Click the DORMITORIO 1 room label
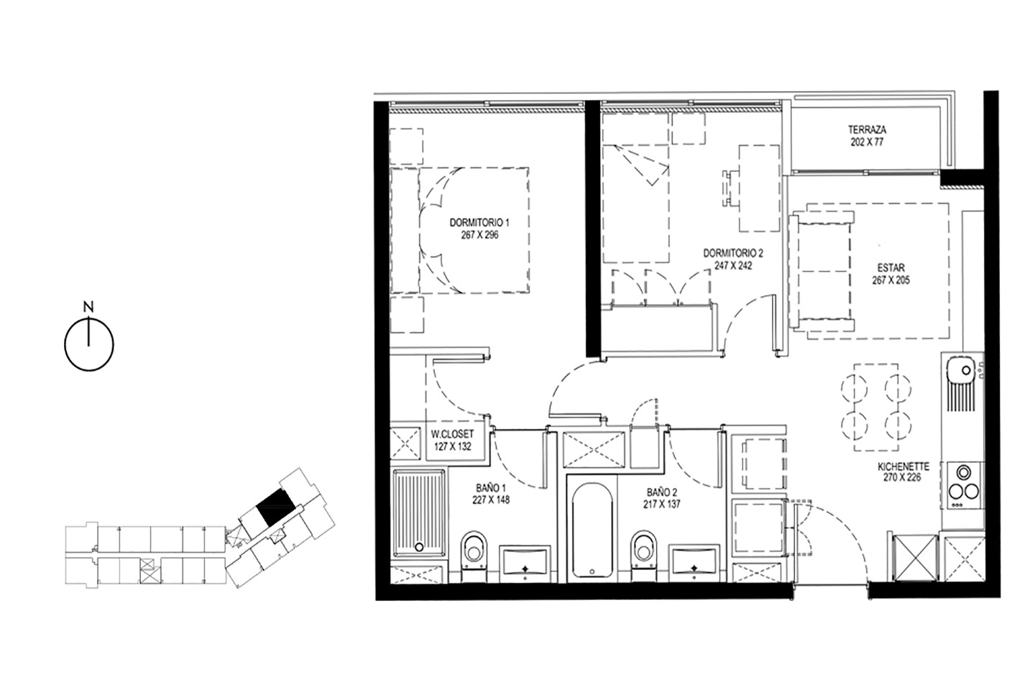[479, 223]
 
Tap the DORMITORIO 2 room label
[733, 253]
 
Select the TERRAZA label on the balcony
[868, 130]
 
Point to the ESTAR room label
[891, 267]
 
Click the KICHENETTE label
[902, 466]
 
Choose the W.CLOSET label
[452, 434]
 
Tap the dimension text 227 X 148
[491, 500]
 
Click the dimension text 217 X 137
[662, 505]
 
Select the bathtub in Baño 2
[592, 530]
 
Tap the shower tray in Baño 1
[420, 513]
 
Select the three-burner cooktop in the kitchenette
[965, 485]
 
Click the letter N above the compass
[88, 306]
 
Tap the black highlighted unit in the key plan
[276, 507]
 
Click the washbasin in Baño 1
[525, 563]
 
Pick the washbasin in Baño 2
[696, 563]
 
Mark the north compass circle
[88, 346]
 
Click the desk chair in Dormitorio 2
[730, 188]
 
